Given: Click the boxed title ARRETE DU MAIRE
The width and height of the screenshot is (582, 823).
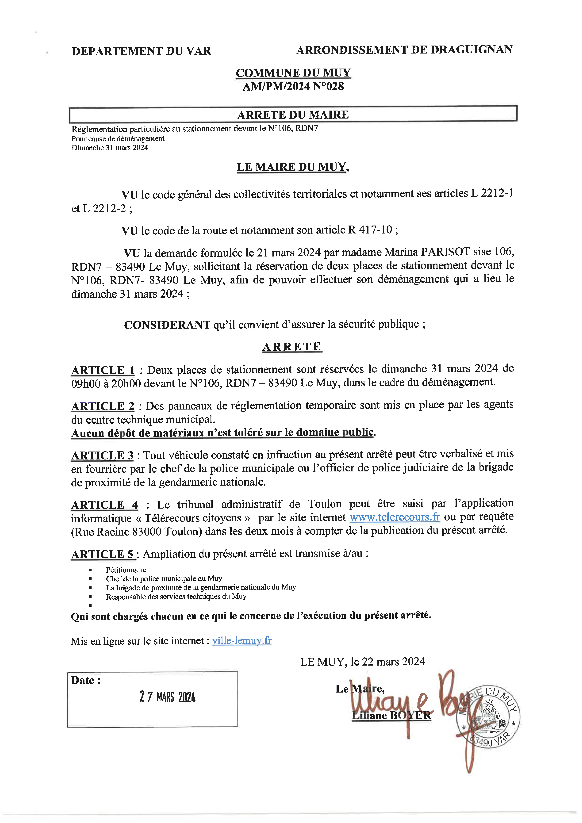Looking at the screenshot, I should (293, 115).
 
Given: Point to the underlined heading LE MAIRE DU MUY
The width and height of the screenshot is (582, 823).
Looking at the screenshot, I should (292, 167).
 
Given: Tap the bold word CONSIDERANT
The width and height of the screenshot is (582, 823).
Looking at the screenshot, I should (167, 325).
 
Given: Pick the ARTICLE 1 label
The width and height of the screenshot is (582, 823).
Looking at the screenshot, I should (103, 370).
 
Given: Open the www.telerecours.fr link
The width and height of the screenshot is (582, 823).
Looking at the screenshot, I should (395, 517).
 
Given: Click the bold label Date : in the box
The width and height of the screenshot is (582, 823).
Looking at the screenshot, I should (86, 680).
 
